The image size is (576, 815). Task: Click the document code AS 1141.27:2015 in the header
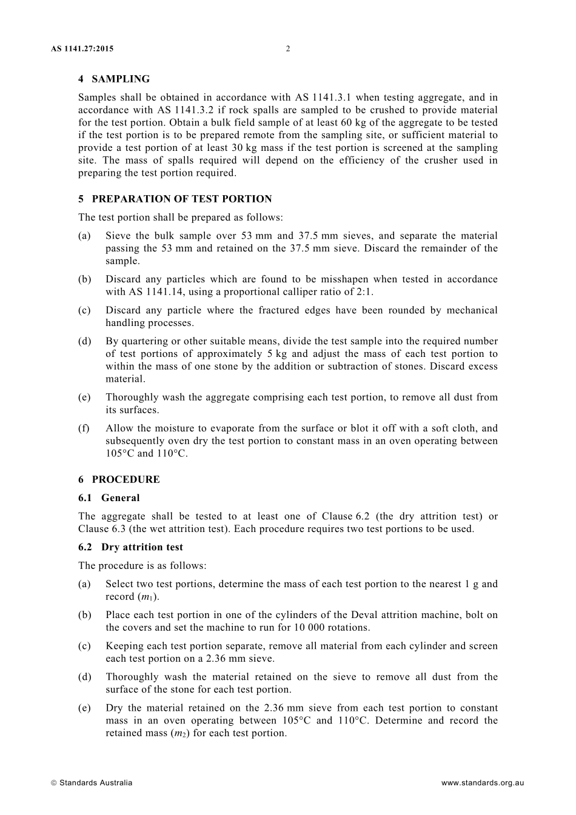coord(82,49)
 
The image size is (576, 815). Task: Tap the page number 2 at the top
coord(288,49)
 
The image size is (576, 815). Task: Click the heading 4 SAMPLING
coord(114,79)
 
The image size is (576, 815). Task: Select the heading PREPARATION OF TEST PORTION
coord(181,199)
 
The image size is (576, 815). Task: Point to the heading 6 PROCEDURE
coord(119,479)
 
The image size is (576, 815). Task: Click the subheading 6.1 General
coord(109,497)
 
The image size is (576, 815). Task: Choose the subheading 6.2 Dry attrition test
coord(130,547)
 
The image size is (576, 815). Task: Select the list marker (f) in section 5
coord(84,428)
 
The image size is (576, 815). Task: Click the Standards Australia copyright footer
coord(92,782)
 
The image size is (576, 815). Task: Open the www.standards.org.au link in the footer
coord(483,782)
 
